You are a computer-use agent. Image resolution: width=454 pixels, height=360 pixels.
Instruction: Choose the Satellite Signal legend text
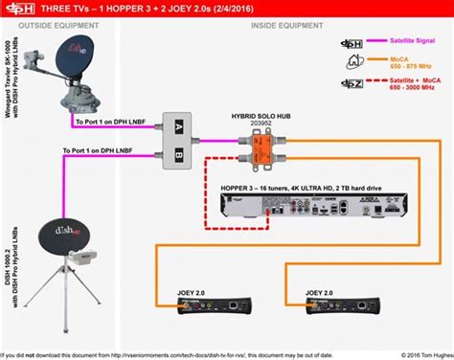pyautogui.click(x=407, y=42)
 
